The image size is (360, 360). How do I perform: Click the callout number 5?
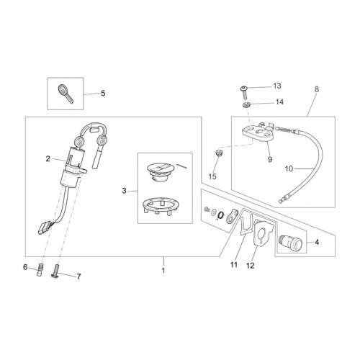[x=103, y=93]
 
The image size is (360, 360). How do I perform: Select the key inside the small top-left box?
[x=66, y=94]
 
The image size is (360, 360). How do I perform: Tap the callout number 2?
[x=48, y=158]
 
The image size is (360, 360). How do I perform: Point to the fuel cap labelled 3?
[x=161, y=172]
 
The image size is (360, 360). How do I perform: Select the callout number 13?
[x=277, y=86]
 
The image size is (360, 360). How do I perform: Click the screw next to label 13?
[x=244, y=92]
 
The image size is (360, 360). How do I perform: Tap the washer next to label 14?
[x=246, y=104]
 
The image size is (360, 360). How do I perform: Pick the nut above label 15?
[x=217, y=153]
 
